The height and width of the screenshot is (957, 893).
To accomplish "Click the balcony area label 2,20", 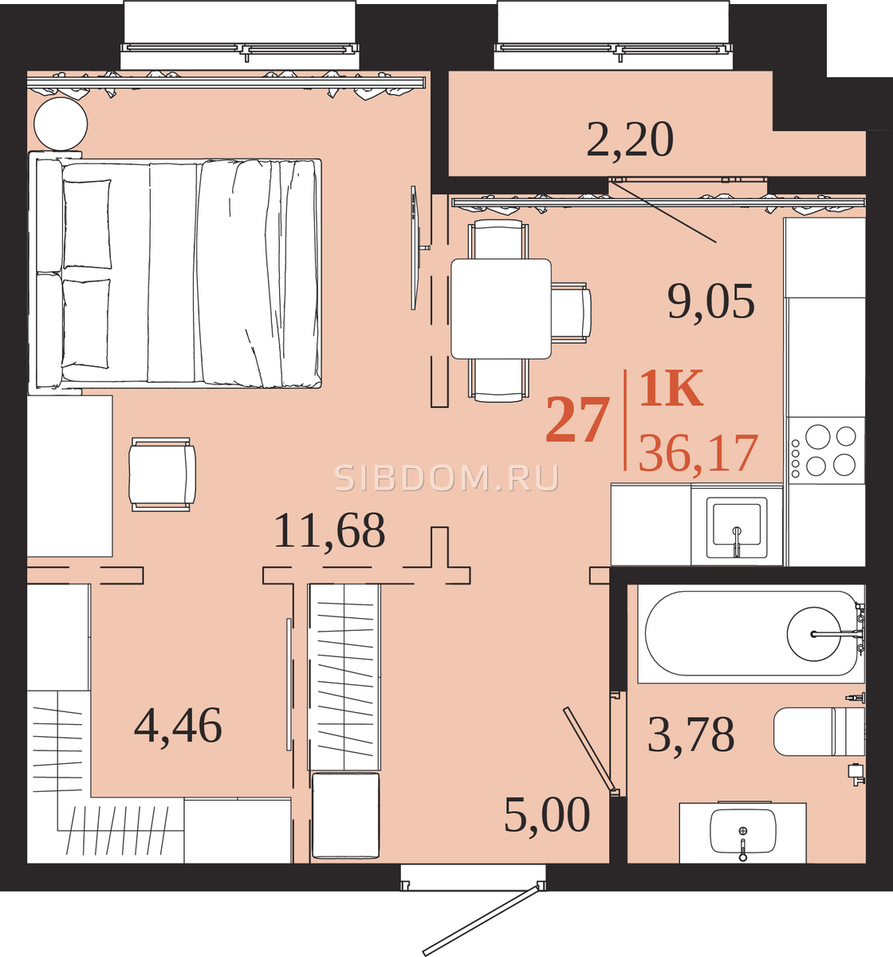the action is point(630,140).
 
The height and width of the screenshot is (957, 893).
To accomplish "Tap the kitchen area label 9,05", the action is point(711,301).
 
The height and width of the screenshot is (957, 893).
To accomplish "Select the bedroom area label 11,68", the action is point(329,530).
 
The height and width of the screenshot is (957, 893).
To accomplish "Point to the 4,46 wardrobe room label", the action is point(178,725).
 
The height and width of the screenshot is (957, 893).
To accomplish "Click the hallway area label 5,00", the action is point(547,815).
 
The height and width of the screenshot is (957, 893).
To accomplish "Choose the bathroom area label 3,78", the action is point(691,734).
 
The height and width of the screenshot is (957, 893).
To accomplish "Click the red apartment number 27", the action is point(575,419).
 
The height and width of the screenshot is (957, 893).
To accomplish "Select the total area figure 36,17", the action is point(698,453).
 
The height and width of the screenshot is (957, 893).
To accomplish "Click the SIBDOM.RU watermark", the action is point(447,478).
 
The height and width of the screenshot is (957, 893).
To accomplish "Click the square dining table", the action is point(501,309).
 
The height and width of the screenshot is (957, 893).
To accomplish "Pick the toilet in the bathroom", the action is point(820,731).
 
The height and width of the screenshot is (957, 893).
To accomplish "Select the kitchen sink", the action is point(737,528).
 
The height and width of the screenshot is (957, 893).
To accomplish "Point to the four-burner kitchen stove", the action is point(825,451).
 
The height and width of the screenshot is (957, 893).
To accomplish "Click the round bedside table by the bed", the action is point(61,124).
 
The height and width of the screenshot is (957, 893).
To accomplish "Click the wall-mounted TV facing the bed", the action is point(415,248).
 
